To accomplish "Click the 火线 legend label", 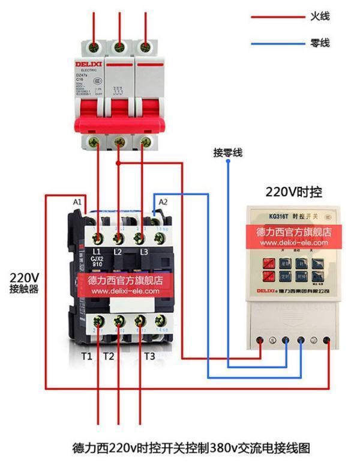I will pos(319,17).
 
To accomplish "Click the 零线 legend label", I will pos(319,44).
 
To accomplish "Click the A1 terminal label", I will pos(77,202).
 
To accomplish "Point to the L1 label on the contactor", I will pos(97,251).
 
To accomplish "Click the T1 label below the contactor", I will pos(87,356).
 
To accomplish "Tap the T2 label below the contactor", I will pos(108,356).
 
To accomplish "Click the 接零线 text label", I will pos(228,153).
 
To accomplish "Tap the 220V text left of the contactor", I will pos(24,277).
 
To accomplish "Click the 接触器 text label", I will pos(24,289).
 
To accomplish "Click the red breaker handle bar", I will pos(118,124).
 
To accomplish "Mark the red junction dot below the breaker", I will pos(119,162).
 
